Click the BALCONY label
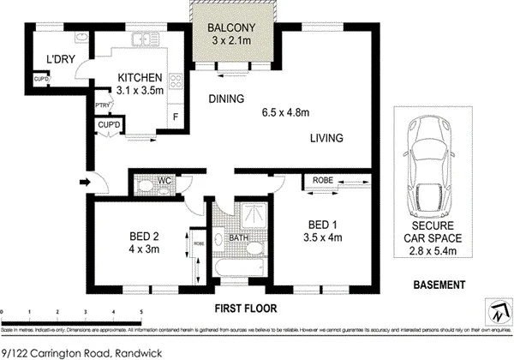coord(230,27)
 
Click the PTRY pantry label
coord(101,105)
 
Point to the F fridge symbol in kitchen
coord(176,116)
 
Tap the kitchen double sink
coord(151,38)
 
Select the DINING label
coord(227,99)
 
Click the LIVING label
coord(326,138)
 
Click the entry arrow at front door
coord(82,182)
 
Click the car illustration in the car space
coord(430,165)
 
